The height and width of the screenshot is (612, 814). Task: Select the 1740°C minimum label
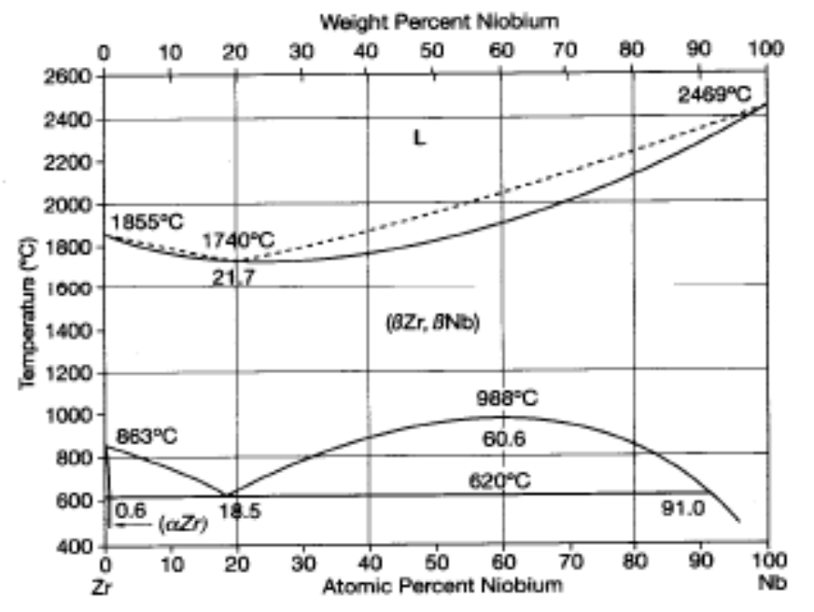pyautogui.click(x=238, y=240)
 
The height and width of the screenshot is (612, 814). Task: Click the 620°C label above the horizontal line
pyautogui.click(x=502, y=481)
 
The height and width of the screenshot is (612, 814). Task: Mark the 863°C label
pyautogui.click(x=147, y=437)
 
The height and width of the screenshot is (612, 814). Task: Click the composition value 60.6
pyautogui.click(x=503, y=438)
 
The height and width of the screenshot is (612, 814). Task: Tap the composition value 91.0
pyautogui.click(x=682, y=509)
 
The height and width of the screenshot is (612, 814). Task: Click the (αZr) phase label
pyautogui.click(x=185, y=524)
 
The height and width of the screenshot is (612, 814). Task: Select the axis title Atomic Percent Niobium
pyautogui.click(x=442, y=586)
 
